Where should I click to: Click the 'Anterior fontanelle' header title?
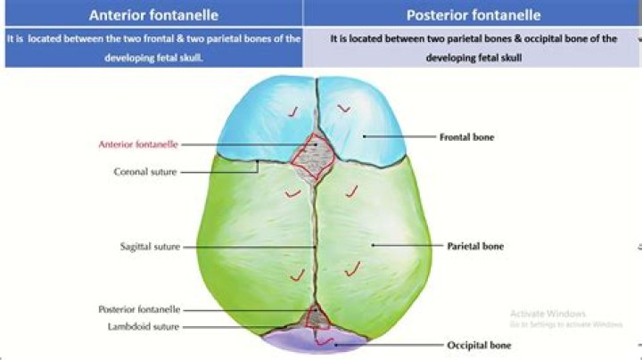point(153,15)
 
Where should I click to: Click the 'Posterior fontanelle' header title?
point(473,15)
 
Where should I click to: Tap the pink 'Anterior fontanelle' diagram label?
point(138,144)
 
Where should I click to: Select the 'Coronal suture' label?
point(145,172)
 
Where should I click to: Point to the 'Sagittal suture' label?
point(150,247)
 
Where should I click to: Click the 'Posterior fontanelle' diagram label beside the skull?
point(139,309)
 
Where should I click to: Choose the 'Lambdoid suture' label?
point(144,327)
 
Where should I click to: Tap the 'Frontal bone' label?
point(466,137)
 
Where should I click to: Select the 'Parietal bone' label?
point(475,246)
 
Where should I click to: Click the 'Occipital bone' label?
point(479,345)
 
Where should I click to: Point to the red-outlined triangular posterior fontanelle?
point(317,317)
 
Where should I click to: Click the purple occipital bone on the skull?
point(316,340)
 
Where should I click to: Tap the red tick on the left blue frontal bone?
point(293,111)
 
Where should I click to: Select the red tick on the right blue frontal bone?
point(343,108)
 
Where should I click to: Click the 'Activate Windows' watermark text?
point(547,314)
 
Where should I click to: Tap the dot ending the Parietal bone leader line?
point(373,245)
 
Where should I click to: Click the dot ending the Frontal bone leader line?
point(364,136)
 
